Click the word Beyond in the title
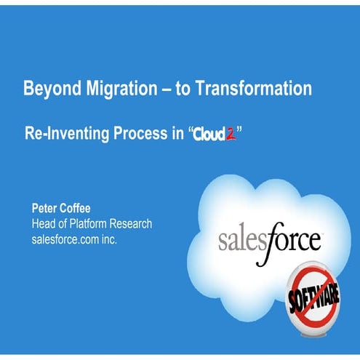[49, 89]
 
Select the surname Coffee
[81, 209]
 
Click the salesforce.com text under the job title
[65, 238]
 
